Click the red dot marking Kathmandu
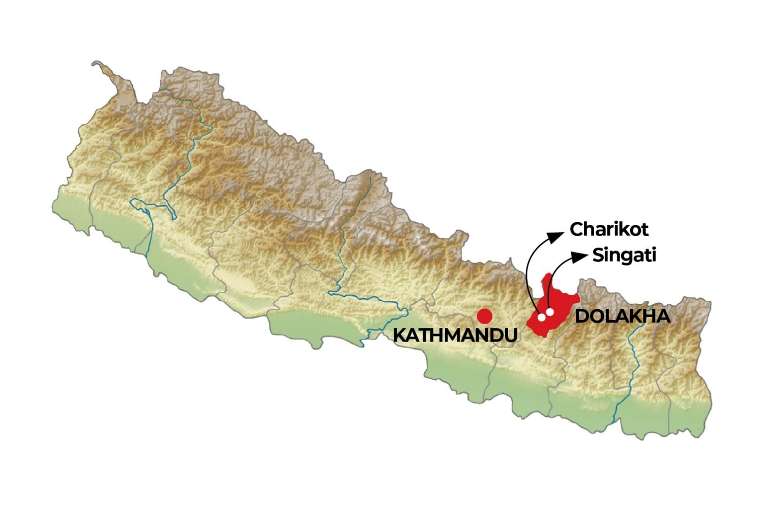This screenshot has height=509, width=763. tap(484, 316)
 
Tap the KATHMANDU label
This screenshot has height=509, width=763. tap(455, 335)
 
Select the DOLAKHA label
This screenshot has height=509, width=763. tap(622, 316)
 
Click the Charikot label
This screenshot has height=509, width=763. tap(609, 230)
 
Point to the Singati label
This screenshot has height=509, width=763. tap(624, 255)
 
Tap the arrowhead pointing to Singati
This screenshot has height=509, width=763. tap(580, 257)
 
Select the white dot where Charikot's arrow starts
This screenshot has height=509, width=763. tap(542, 317)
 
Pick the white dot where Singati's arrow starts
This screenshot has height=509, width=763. tap(550, 312)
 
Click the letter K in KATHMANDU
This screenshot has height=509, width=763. tap(399, 335)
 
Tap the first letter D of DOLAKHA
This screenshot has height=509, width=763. tap(581, 316)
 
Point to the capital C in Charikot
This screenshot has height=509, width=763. tap(576, 230)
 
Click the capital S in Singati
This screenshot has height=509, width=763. tap(598, 255)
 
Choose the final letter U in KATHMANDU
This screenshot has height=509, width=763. tap(511, 335)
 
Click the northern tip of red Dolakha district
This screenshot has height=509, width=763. tap(548, 275)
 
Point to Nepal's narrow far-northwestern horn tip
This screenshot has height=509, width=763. tap(95, 64)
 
